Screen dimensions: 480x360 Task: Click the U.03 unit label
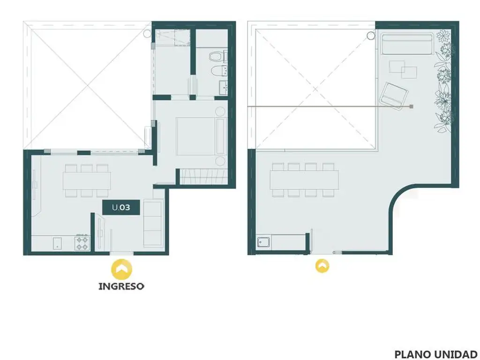[121, 208]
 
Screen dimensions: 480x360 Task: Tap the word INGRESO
[121, 286]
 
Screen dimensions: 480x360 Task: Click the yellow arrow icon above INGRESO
[121, 270]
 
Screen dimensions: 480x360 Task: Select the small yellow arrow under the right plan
[322, 266]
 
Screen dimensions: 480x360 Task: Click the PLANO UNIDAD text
[435, 354]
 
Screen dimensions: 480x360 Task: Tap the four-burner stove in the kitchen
[82, 243]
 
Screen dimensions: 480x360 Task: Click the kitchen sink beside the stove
[57, 243]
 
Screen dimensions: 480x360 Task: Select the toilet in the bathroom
[218, 57]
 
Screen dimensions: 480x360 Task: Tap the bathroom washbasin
[224, 87]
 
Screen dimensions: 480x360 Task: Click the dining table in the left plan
[87, 180]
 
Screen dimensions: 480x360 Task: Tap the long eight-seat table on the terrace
[304, 180]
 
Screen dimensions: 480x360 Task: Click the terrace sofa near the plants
[407, 44]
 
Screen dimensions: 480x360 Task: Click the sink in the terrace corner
[263, 242]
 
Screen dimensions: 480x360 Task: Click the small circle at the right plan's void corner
[371, 36]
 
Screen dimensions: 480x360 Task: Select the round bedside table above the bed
[220, 111]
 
